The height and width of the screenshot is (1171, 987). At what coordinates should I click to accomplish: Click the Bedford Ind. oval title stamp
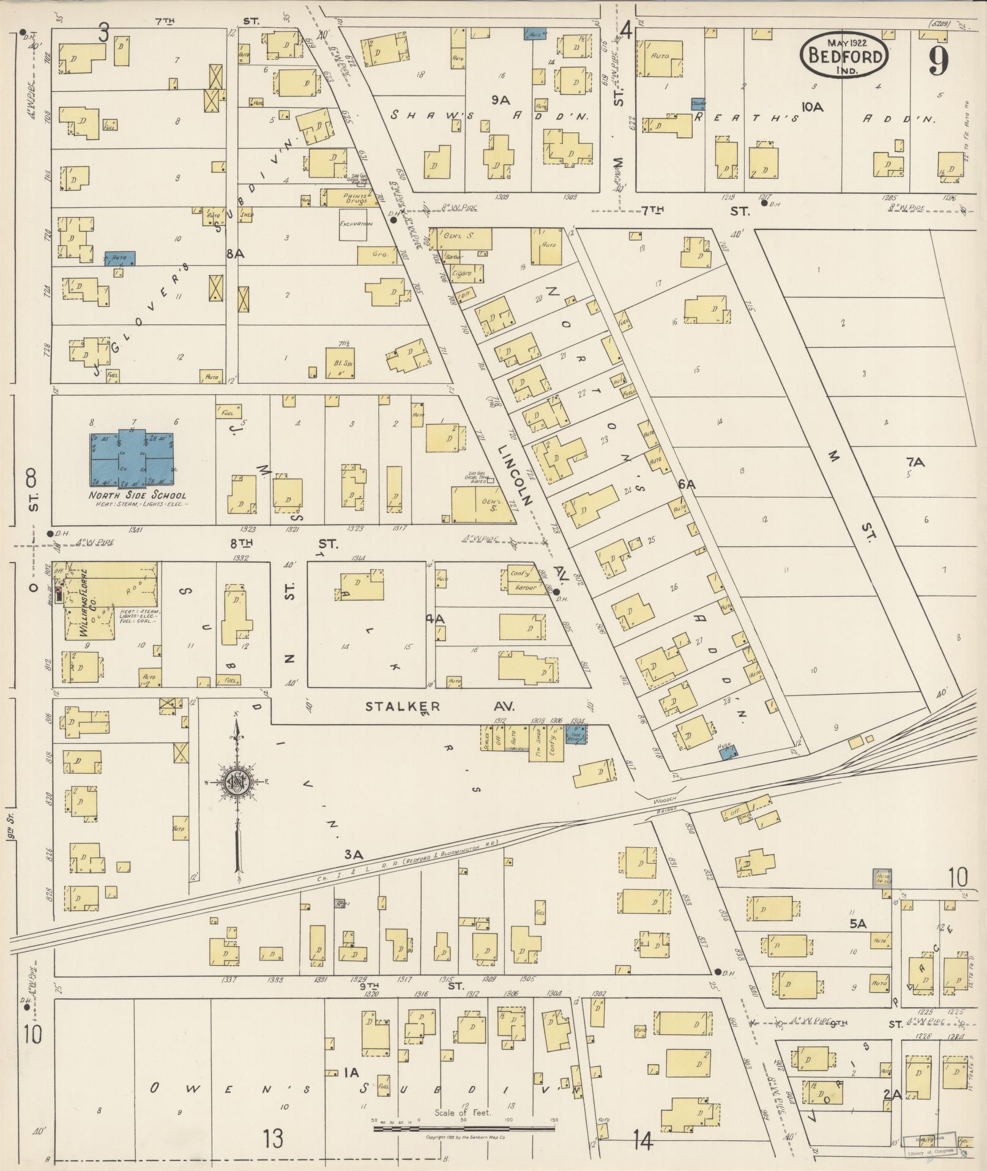point(844,56)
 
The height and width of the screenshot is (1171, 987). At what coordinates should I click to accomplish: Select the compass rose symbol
point(237,782)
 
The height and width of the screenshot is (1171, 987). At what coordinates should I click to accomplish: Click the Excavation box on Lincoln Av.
point(356,225)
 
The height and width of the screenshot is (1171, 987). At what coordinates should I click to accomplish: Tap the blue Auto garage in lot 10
point(120,258)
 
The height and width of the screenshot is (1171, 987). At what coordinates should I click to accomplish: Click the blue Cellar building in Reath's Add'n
point(699,104)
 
